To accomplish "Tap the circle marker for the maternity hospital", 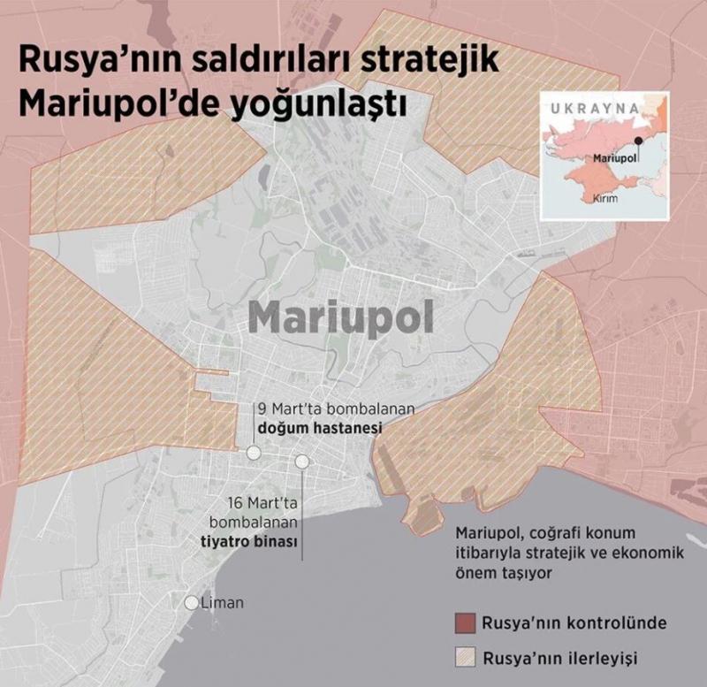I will pos(254,453).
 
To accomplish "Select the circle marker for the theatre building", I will pos(302,462).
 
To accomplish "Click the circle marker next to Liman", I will pos(192,603).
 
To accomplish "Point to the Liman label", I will pos(222,603).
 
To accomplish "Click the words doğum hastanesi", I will pos(318,428).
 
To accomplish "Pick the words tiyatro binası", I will pos(259,541).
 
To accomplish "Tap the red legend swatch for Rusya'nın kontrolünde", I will pos(466,621).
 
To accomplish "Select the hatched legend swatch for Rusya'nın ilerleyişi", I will pos(466,658).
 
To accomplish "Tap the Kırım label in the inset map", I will pos(604,199).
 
